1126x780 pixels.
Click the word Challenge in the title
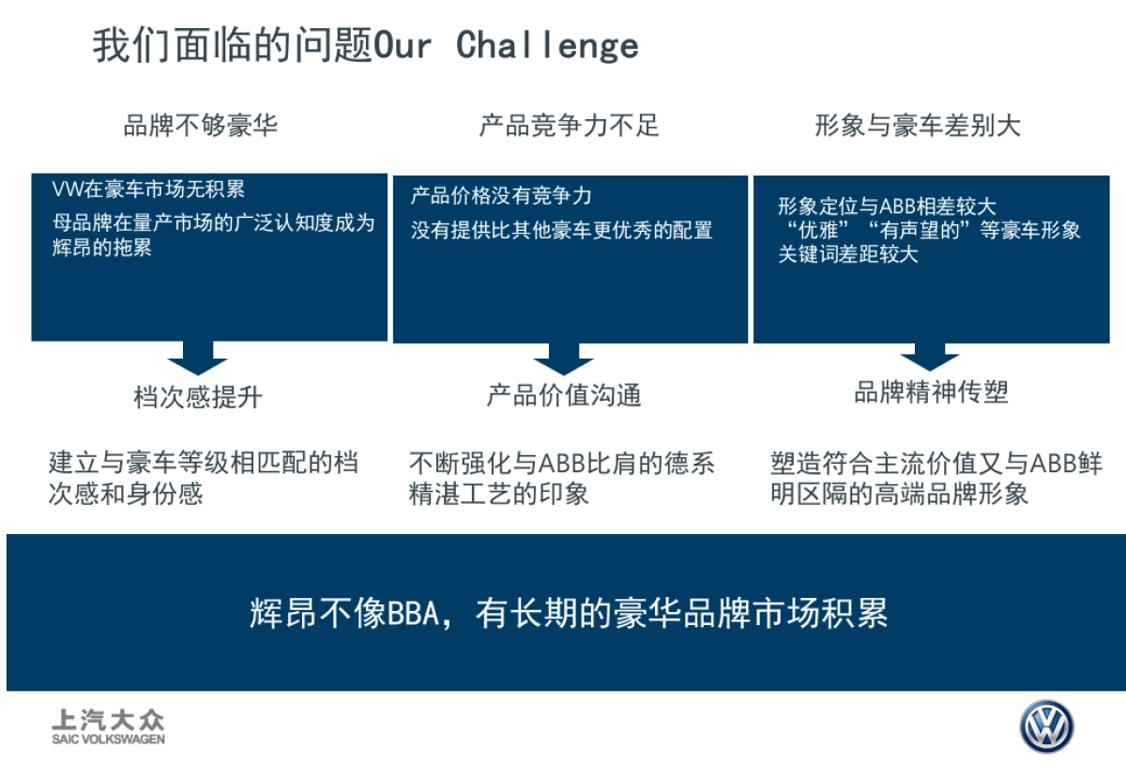548,45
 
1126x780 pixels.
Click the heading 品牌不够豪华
201,126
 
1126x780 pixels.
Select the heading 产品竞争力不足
570,126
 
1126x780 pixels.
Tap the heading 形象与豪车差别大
917,126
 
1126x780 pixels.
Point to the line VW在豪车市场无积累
148,190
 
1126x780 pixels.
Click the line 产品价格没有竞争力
501,196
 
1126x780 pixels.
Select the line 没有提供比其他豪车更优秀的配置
561,229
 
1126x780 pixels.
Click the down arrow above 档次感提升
197,359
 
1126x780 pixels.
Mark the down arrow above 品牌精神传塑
929,358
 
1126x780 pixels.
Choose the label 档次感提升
198,398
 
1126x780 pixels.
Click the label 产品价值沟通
563,395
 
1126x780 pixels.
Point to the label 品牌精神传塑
931,392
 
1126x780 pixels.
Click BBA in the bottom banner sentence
414,614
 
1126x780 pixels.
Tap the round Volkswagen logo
1047,726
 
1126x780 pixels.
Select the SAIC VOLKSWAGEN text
108,740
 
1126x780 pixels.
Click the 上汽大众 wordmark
108,721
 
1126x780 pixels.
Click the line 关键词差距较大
847,254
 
